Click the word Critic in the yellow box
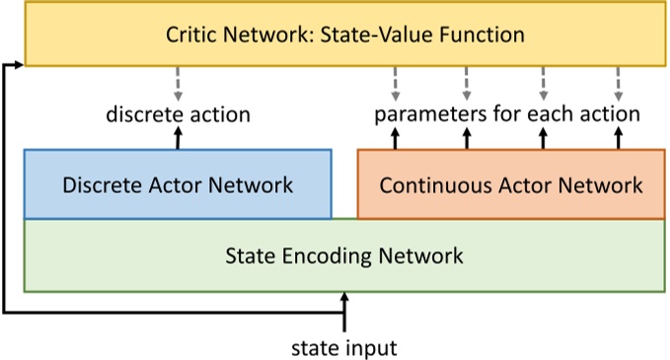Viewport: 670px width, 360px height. coord(193,36)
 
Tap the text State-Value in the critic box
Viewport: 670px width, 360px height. coord(393,36)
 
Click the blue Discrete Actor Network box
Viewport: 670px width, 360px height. coord(178,184)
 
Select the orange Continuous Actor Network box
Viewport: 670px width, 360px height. coord(510,184)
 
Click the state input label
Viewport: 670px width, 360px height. coord(344,347)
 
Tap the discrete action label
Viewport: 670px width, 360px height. coord(178,114)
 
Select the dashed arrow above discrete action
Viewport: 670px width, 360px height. coord(178,83)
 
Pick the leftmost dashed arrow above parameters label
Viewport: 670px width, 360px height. coord(396,83)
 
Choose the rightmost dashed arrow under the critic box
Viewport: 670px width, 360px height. coord(618,83)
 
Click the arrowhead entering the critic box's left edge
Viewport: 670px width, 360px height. coord(18,63)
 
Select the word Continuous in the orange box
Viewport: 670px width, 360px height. coord(431,184)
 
